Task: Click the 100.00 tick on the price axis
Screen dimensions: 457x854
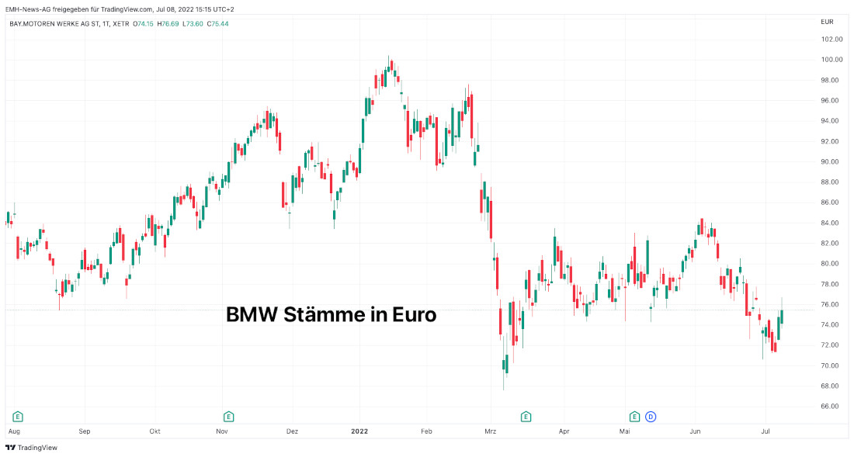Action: pos(831,60)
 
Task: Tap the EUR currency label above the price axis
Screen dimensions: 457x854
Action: pos(827,22)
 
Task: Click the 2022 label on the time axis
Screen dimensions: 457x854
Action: pos(359,430)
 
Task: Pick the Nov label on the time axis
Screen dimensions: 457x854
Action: pos(222,430)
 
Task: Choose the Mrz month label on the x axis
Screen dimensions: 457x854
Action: pos(490,430)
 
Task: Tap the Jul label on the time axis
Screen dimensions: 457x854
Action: pos(765,430)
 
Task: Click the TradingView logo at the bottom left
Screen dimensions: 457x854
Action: pos(32,448)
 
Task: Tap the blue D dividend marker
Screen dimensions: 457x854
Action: pos(651,416)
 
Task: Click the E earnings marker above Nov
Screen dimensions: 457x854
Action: pos(228,416)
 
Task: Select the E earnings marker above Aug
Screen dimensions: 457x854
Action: pos(17,416)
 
